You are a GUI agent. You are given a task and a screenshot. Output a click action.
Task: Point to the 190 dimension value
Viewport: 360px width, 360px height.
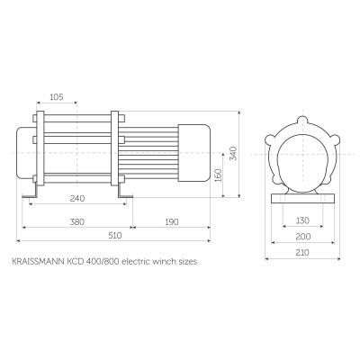171,220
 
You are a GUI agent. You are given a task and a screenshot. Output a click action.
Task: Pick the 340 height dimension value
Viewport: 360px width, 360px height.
233,154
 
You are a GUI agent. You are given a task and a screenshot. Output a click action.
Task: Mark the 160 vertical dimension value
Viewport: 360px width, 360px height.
218,173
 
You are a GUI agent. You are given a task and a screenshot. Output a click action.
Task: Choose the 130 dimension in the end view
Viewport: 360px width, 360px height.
301,220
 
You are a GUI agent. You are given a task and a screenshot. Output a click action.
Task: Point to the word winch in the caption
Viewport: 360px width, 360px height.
164,262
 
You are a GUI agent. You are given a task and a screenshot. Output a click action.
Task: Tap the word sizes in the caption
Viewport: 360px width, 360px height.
186,262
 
